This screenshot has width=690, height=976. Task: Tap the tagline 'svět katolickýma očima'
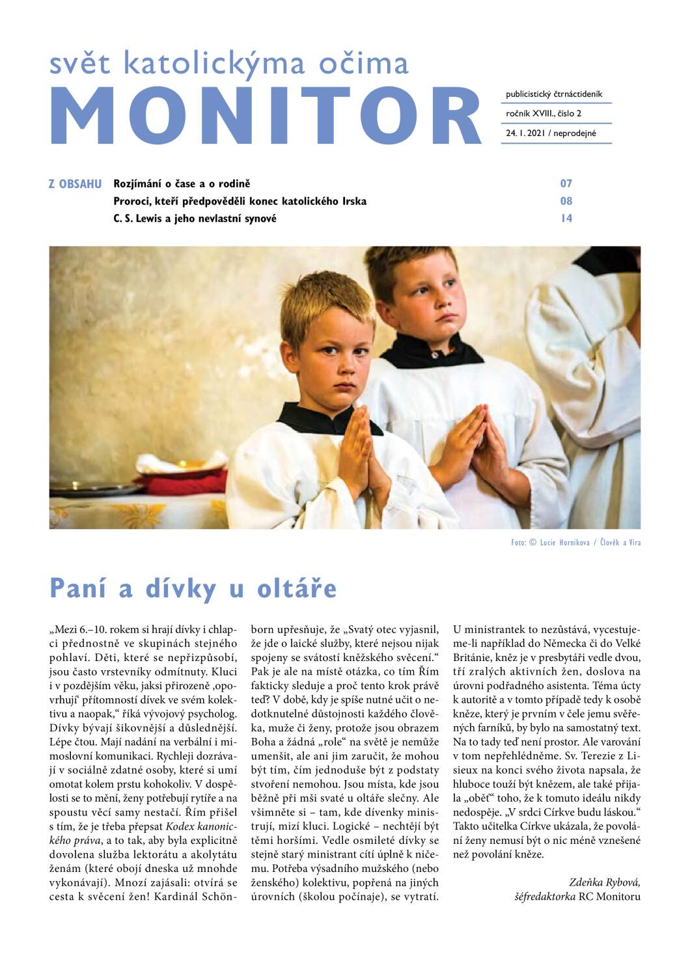click(x=229, y=63)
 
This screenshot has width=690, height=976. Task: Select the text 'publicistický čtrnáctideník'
click(x=554, y=94)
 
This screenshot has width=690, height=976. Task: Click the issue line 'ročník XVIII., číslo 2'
click(x=544, y=114)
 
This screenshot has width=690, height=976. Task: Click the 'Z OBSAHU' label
click(x=75, y=184)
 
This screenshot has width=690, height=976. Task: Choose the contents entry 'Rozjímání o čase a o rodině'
click(x=182, y=184)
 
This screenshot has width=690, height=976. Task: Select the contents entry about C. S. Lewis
click(x=195, y=219)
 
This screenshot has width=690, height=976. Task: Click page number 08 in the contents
click(x=566, y=201)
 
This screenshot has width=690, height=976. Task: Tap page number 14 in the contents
click(x=566, y=219)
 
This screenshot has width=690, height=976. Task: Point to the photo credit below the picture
click(x=575, y=543)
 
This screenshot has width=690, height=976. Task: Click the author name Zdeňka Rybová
click(x=604, y=882)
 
